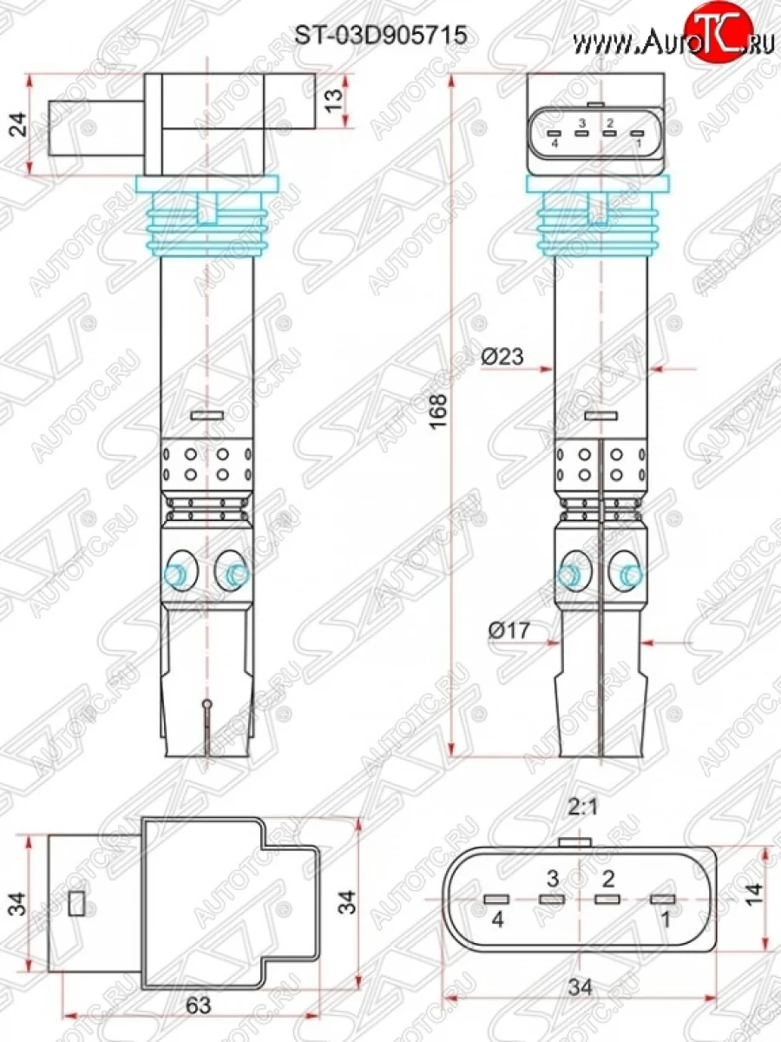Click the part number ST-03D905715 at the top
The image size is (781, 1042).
[x=382, y=35]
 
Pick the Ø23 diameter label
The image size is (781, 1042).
[x=502, y=357]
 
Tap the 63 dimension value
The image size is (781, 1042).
[x=200, y=1005]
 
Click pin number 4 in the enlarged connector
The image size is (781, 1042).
[x=497, y=920]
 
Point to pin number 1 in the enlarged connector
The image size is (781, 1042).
[x=664, y=920]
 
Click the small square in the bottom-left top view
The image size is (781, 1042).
[x=76, y=904]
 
